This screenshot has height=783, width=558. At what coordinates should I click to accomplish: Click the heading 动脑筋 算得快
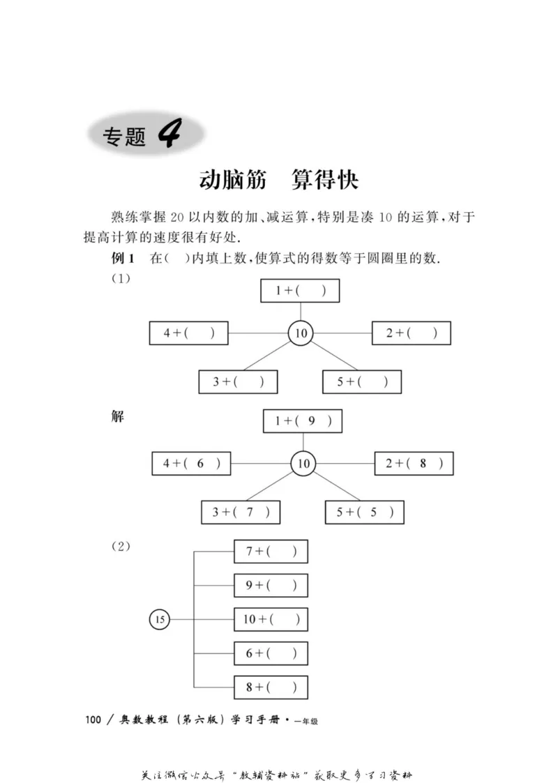click(278, 180)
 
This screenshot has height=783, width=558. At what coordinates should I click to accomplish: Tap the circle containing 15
click(160, 619)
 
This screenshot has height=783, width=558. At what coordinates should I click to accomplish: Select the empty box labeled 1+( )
click(300, 291)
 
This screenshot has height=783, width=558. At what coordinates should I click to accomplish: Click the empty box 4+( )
click(189, 333)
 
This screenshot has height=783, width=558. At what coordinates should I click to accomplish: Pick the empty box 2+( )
click(411, 333)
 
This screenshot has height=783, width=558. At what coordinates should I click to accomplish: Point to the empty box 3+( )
click(238, 381)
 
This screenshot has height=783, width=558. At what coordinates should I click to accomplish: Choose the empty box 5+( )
click(361, 381)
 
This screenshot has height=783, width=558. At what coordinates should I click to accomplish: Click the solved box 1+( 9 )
click(303, 421)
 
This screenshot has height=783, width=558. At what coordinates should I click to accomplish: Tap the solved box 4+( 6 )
click(191, 464)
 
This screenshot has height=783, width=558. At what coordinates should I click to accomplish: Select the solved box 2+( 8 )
click(414, 464)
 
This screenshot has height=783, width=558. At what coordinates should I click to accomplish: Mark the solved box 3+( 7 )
click(241, 512)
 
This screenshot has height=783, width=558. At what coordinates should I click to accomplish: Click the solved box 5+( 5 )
click(364, 512)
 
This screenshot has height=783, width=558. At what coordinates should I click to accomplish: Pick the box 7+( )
click(271, 552)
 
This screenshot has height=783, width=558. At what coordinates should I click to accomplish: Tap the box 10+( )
click(271, 619)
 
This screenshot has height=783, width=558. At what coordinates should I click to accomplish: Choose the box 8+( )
click(271, 687)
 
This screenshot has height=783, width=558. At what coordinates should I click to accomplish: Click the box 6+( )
click(271, 653)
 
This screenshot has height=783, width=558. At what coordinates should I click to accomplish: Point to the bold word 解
click(118, 416)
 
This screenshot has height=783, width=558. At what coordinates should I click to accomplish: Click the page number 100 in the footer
click(93, 720)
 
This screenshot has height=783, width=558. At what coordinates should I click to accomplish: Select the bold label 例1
click(123, 259)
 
